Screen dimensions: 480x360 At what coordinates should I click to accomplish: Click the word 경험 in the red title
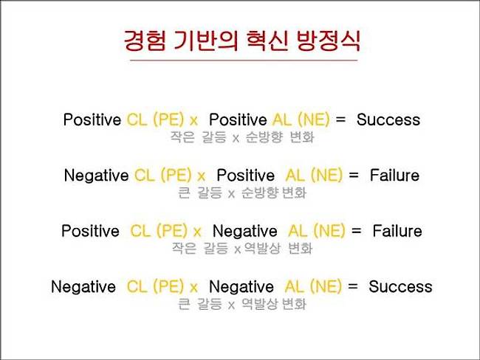[x=145, y=41]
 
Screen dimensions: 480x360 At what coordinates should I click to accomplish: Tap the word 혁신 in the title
[x=267, y=41]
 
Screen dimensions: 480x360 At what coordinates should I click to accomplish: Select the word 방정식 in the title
[x=329, y=41]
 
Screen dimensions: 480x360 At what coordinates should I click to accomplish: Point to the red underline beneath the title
[x=244, y=60]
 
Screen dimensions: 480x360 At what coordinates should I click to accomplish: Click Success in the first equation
[x=388, y=120]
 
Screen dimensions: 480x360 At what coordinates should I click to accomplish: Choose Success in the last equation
[x=400, y=286]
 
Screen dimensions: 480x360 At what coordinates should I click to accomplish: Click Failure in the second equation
[x=394, y=176]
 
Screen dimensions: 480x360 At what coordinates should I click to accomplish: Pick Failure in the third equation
[x=397, y=231]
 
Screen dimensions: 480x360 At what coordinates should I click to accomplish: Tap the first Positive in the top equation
[x=92, y=120]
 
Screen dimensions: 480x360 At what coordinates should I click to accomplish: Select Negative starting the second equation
[x=97, y=176]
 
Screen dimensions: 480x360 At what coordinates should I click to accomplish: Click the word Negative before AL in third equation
[x=245, y=232]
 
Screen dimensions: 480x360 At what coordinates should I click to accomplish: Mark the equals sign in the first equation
[x=340, y=120]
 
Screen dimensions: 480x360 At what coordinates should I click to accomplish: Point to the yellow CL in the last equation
[x=137, y=286]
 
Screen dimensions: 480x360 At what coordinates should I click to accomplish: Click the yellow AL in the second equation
[x=295, y=176]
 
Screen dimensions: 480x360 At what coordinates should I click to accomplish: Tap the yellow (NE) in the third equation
[x=329, y=231]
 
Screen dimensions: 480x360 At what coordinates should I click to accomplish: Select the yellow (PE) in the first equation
[x=168, y=120]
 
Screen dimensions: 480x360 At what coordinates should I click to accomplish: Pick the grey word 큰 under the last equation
[x=185, y=304]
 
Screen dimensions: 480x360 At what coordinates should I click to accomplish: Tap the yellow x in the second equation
[x=201, y=177]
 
